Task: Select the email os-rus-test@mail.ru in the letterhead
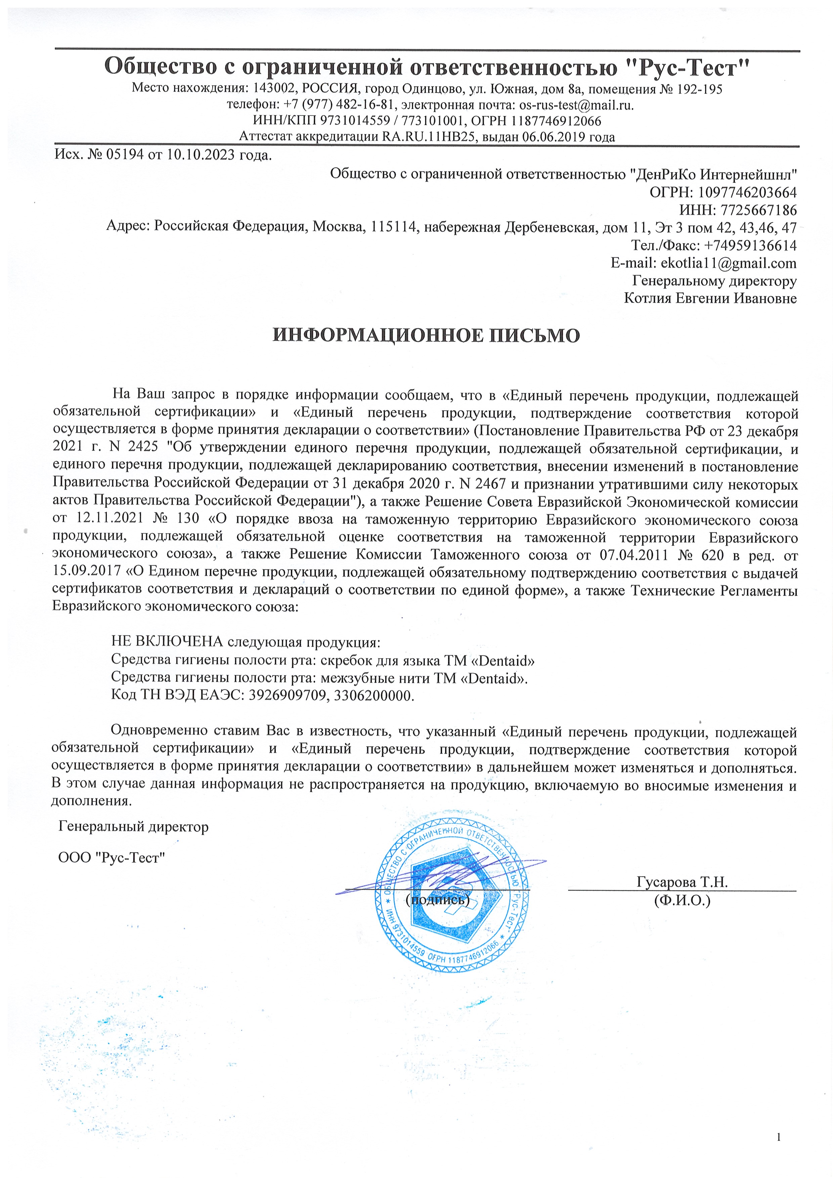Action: [x=576, y=105]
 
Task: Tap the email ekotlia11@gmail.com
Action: [x=728, y=263]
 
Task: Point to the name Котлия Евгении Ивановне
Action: [x=710, y=298]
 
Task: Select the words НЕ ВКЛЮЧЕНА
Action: [x=167, y=642]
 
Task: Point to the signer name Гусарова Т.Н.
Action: [x=682, y=882]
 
